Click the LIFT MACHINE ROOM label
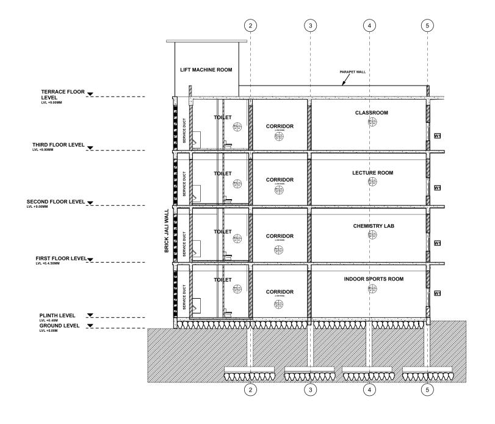(206, 70)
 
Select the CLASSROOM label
(371, 113)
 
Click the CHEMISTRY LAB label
(371, 226)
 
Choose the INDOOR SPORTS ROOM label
(371, 279)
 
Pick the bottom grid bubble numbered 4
(370, 389)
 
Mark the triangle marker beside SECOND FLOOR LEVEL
(91, 202)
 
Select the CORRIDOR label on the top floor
(280, 126)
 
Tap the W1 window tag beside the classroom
(437, 135)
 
